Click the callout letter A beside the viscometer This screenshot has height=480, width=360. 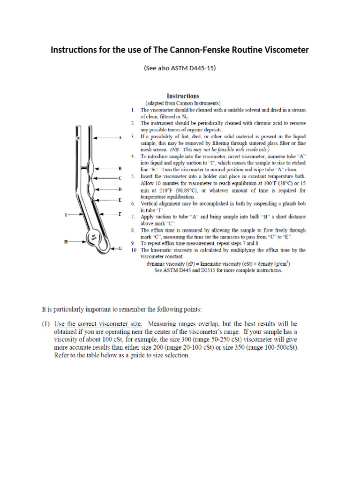point(120,138)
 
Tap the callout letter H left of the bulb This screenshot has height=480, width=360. point(66,242)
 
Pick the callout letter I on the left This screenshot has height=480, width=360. point(66,214)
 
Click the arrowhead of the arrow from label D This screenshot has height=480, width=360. point(96,189)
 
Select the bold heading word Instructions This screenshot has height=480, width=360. point(183,96)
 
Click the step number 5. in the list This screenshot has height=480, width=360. point(133,176)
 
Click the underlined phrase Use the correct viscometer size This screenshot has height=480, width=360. point(94,324)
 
